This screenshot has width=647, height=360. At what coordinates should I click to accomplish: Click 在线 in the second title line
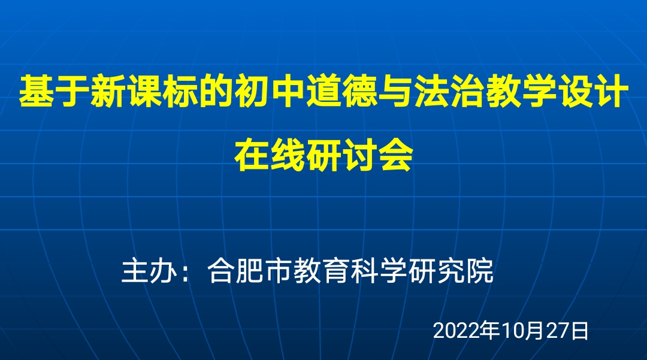pyautogui.click(x=270, y=156)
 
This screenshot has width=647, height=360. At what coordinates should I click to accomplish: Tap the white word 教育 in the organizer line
pyautogui.click(x=322, y=271)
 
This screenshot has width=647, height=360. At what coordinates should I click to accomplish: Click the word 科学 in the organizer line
pyautogui.click(x=379, y=271)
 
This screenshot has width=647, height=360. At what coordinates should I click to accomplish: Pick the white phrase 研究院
pyautogui.click(x=451, y=271)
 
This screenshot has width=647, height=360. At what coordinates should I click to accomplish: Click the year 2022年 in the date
pyautogui.click(x=466, y=331)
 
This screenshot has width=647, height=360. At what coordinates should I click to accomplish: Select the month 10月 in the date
pyautogui.click(x=523, y=331)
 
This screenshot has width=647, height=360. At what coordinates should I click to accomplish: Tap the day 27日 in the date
pyautogui.click(x=567, y=331)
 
